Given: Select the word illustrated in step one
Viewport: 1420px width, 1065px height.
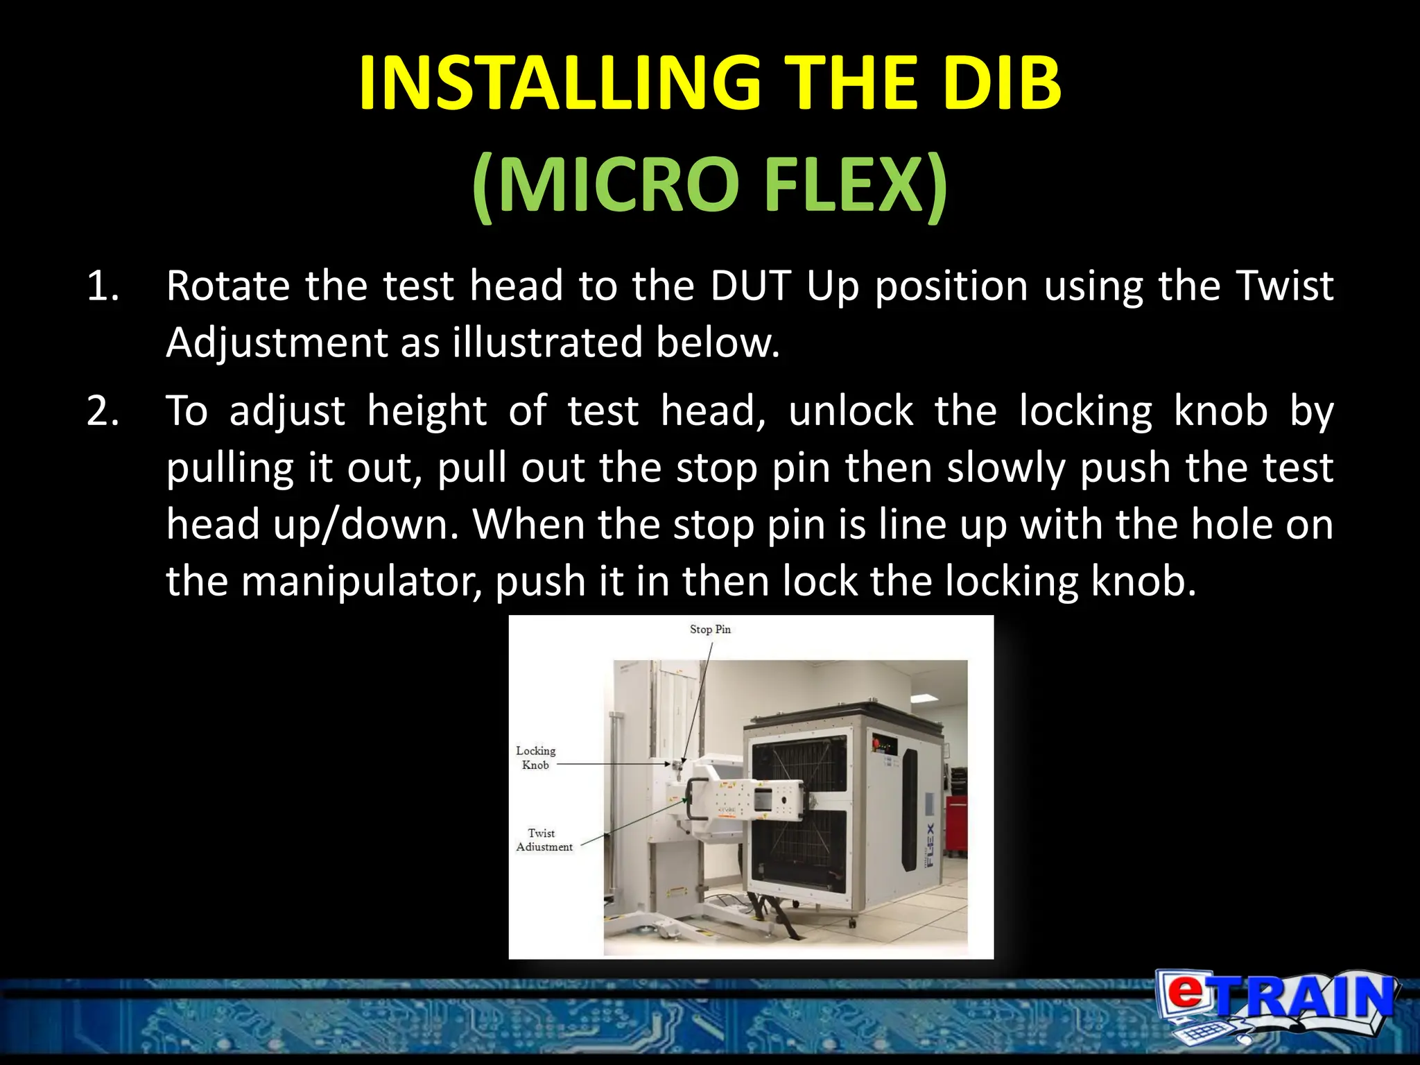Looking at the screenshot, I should (547, 343).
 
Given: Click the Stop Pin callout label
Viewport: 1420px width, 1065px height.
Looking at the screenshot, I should (710, 630).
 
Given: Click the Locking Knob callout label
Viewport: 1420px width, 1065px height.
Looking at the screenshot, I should (535, 758).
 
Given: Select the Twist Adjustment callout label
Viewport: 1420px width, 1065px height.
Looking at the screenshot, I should (544, 840).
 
